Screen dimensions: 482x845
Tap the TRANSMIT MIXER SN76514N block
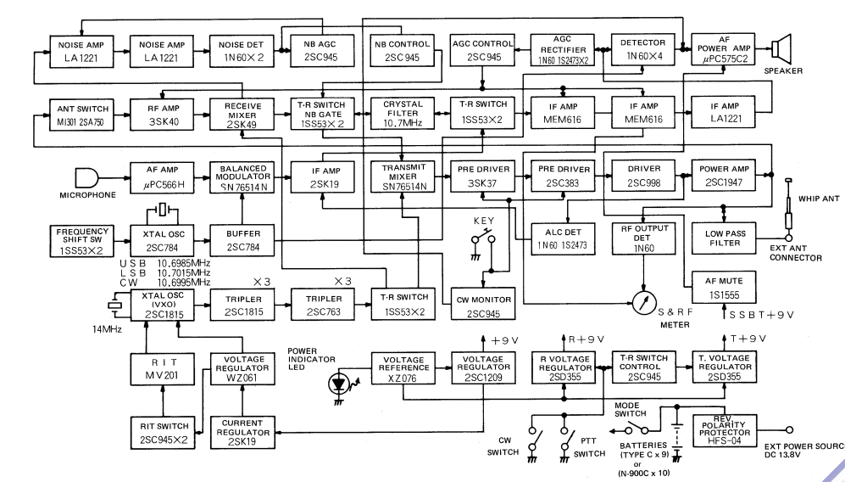(x=401, y=173)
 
